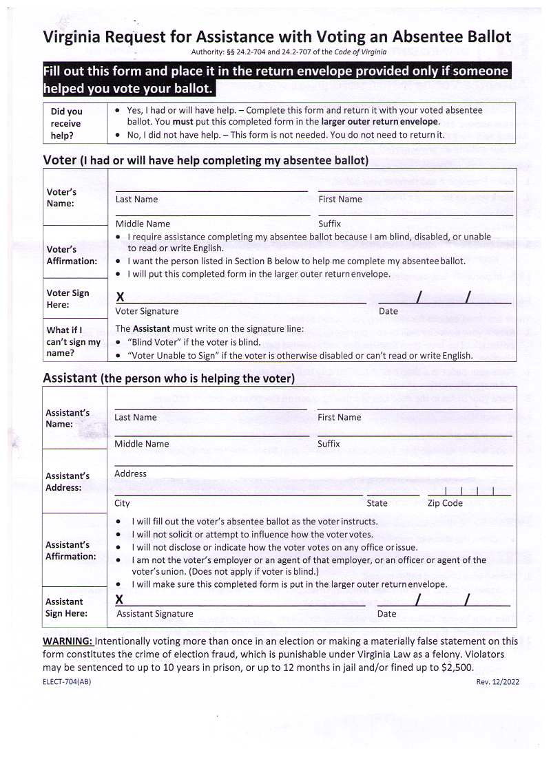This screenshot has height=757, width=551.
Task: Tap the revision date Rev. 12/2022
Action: click(x=497, y=682)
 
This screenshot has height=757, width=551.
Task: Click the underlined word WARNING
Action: click(x=67, y=641)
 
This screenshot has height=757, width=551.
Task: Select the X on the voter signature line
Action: click(x=121, y=297)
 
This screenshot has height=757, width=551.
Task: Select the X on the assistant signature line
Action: click(x=120, y=600)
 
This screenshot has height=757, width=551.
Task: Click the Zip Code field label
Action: click(x=445, y=503)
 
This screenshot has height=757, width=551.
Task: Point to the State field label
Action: click(x=377, y=503)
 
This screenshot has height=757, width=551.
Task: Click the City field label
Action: click(x=122, y=503)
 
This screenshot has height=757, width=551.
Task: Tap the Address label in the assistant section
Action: click(x=130, y=473)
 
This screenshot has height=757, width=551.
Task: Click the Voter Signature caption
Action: click(x=147, y=311)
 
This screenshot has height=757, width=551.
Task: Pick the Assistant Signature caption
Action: click(x=155, y=614)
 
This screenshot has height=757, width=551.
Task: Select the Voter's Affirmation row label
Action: click(x=72, y=255)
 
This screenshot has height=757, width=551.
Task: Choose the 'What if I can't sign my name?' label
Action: click(x=73, y=341)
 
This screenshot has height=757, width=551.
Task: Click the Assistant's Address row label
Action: click(x=67, y=482)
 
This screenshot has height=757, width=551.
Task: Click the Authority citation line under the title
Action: click(x=289, y=52)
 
